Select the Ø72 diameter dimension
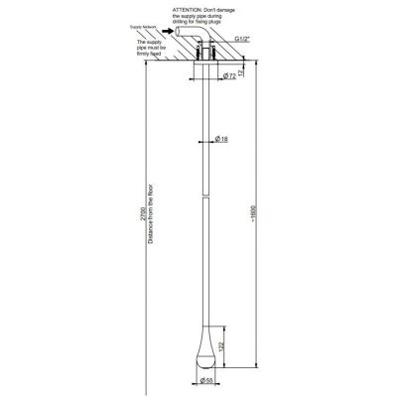227,75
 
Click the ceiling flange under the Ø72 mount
209,68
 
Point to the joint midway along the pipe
209,197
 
